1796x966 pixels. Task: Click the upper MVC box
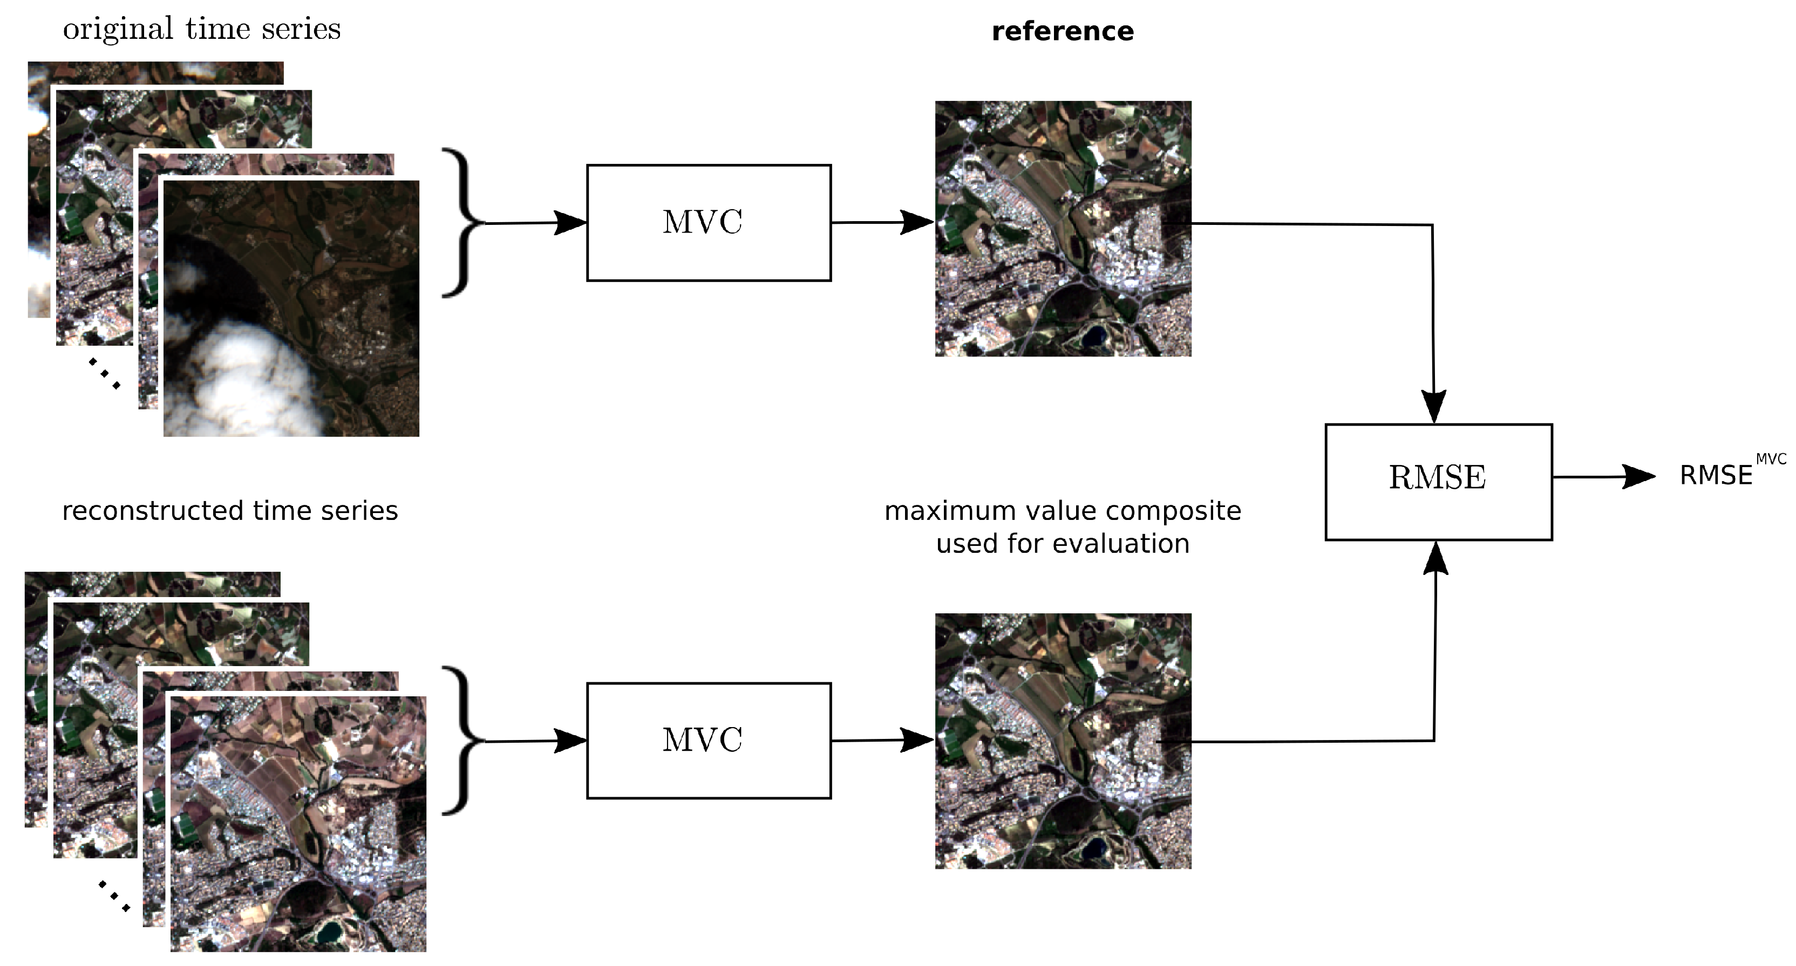[x=709, y=223]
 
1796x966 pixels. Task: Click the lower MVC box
[x=709, y=740]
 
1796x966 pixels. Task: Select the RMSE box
[x=1438, y=481]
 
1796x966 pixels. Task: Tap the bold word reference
[x=1062, y=31]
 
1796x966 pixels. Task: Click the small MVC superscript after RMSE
[x=1770, y=460]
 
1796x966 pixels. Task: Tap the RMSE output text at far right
[x=1715, y=476]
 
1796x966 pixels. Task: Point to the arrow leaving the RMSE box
[x=1603, y=477]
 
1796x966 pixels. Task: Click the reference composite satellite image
[x=1063, y=229]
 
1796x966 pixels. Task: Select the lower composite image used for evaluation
[x=1063, y=741]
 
